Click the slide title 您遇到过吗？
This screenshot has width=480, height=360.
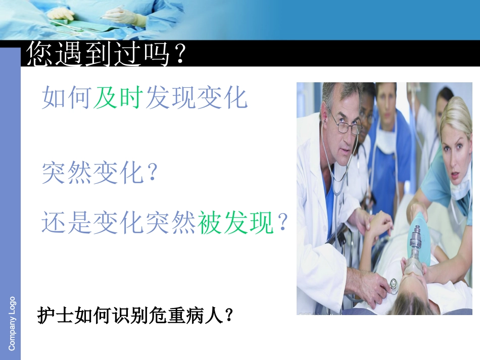[107, 54]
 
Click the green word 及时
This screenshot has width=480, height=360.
[119, 97]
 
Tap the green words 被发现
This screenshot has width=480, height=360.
[236, 223]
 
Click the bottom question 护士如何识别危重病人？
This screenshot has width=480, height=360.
[136, 316]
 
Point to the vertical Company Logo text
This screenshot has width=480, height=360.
[12, 323]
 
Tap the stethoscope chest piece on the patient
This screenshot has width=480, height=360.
[393, 284]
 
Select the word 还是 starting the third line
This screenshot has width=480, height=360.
[67, 223]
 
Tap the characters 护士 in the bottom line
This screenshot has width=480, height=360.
[56, 316]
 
